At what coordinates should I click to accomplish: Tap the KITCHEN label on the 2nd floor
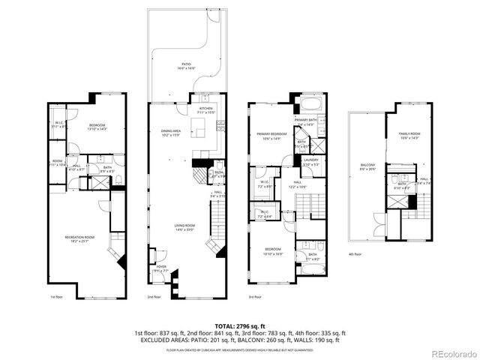point(205,109)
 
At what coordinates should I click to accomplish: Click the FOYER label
point(161,265)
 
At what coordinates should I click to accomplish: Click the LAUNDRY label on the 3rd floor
point(310,160)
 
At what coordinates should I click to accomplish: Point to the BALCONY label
point(367,166)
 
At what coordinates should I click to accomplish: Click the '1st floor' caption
point(55,297)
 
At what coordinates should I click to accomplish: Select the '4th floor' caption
point(355,253)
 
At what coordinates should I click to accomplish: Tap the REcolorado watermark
point(452,353)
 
